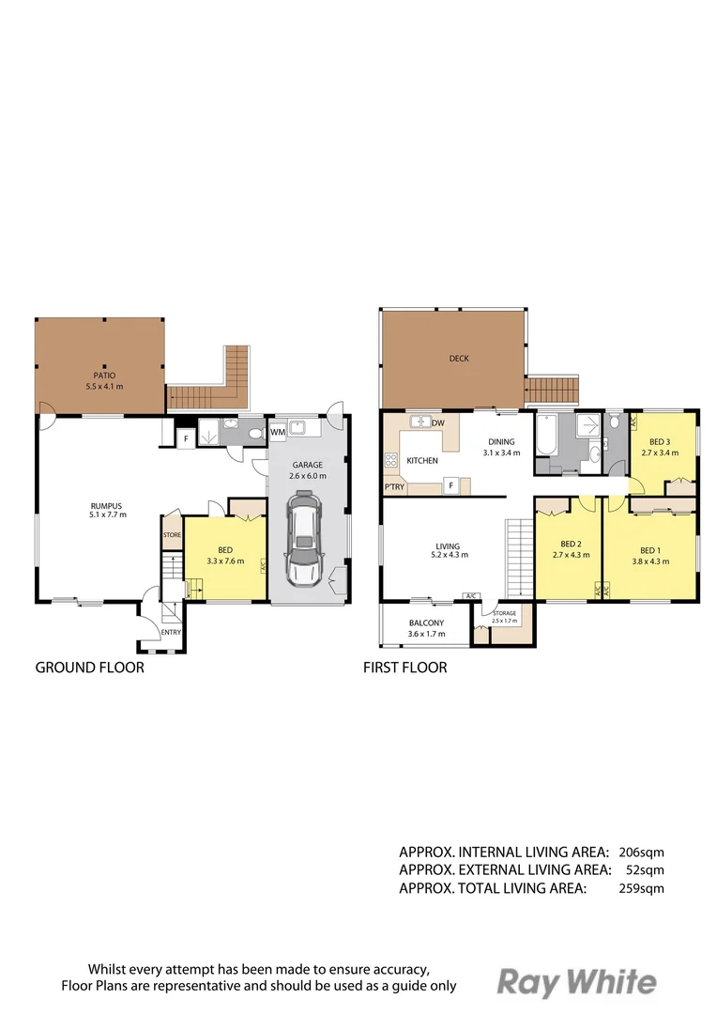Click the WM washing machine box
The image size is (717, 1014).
point(278,432)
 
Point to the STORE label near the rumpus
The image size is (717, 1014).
point(172,535)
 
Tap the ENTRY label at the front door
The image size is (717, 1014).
point(171,632)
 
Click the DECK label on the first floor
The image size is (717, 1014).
point(459,358)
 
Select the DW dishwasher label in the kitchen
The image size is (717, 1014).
point(437,424)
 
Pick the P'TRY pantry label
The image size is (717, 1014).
point(394,486)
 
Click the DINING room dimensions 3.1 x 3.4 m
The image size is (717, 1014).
point(500,453)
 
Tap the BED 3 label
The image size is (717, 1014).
point(660,441)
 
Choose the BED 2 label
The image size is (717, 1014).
point(572,544)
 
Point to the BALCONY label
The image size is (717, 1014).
point(426,622)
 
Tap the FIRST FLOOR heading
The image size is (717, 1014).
point(404,668)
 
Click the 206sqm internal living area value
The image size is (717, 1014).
point(642,853)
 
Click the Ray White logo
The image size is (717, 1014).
point(576,982)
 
